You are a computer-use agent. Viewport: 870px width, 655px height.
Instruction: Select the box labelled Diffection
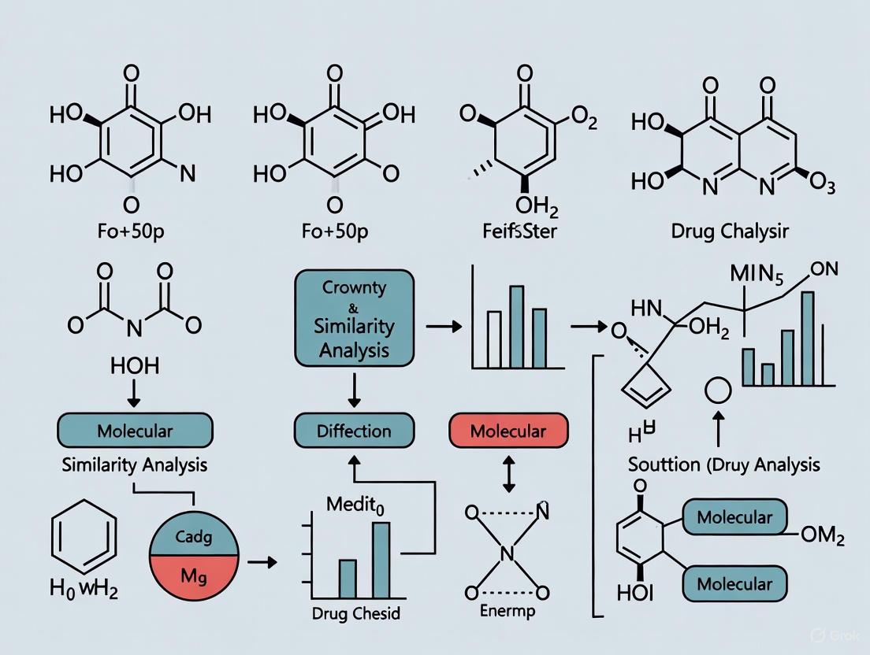(354, 431)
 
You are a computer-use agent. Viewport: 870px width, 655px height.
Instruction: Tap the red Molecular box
(507, 431)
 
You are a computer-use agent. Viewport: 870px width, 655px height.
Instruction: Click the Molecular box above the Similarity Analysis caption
(135, 431)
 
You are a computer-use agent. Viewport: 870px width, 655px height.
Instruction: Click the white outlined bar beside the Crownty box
(494, 339)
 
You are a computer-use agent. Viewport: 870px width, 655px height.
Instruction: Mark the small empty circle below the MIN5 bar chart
(717, 390)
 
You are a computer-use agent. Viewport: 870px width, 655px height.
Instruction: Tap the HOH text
(135, 365)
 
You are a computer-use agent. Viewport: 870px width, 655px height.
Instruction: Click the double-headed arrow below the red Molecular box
(507, 476)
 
